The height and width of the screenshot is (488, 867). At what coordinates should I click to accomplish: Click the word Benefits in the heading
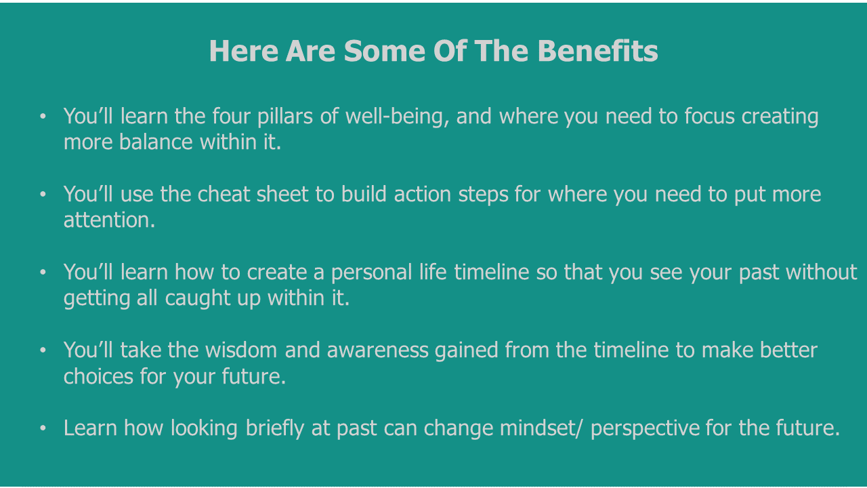(x=597, y=51)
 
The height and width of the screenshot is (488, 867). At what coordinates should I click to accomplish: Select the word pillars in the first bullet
(x=285, y=116)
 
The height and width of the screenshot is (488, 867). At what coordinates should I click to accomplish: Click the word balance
(x=156, y=142)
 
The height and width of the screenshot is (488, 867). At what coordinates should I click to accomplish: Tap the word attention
(x=109, y=220)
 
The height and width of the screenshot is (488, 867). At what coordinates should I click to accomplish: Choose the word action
(x=423, y=194)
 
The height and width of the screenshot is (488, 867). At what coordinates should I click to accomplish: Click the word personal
(x=372, y=272)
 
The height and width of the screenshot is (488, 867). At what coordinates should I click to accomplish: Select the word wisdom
(x=241, y=350)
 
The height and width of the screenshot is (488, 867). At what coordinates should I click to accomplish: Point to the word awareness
(x=378, y=350)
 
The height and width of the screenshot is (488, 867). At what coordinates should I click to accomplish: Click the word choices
(x=98, y=376)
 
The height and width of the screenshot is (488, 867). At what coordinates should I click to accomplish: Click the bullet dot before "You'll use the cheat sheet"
(x=43, y=194)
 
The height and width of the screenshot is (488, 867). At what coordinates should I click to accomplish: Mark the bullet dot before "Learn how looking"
(x=43, y=428)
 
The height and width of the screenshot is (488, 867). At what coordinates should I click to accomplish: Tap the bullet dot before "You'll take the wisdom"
(x=43, y=350)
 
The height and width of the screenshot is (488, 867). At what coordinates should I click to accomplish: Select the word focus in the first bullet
(x=709, y=116)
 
